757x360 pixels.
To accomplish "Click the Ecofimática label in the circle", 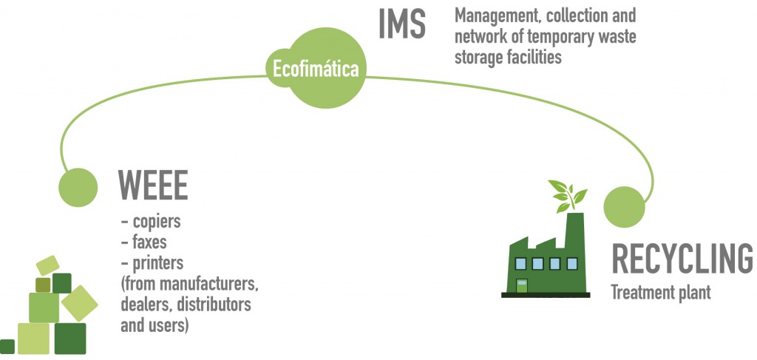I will (x=316, y=70).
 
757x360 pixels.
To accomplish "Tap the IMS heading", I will (x=402, y=24).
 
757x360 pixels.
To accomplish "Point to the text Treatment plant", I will (x=660, y=293).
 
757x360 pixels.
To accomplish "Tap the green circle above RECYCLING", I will (x=625, y=206).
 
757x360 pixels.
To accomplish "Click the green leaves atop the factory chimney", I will (x=567, y=194).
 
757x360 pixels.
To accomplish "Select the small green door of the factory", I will (x=522, y=285).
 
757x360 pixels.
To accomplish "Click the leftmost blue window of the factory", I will (x=520, y=262).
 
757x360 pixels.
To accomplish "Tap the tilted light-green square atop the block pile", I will (x=47, y=265).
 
